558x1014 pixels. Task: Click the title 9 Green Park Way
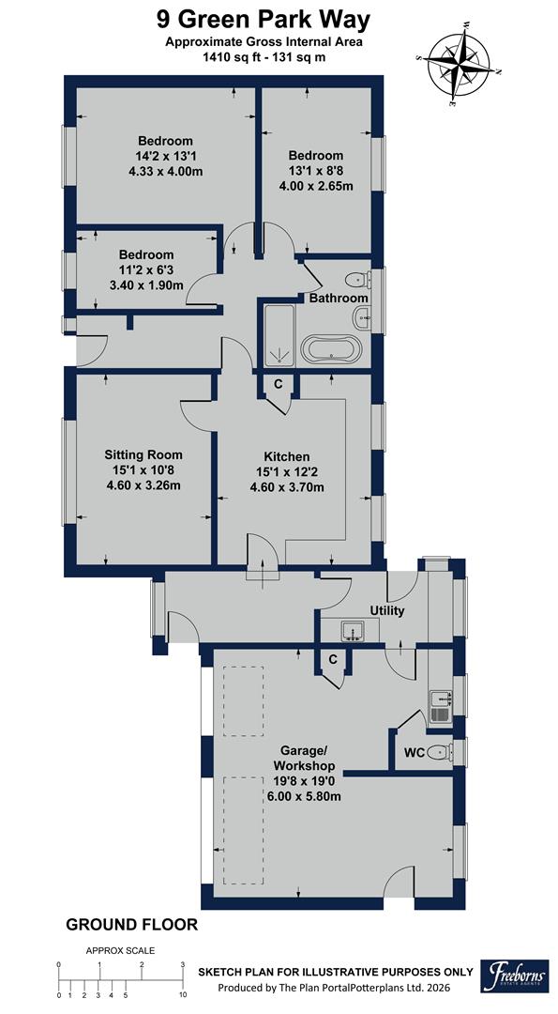(264, 20)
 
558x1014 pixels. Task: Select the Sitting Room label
(143, 455)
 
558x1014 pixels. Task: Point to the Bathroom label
(339, 298)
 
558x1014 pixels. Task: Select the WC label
(414, 753)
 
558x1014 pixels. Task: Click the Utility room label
(387, 611)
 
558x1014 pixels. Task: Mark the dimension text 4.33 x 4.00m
(165, 172)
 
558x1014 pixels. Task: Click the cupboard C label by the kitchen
(278, 384)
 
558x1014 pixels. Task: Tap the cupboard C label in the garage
(333, 660)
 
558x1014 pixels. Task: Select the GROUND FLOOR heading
(131, 925)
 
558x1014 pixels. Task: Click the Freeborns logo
(515, 976)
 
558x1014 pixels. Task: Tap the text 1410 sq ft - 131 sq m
(264, 57)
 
